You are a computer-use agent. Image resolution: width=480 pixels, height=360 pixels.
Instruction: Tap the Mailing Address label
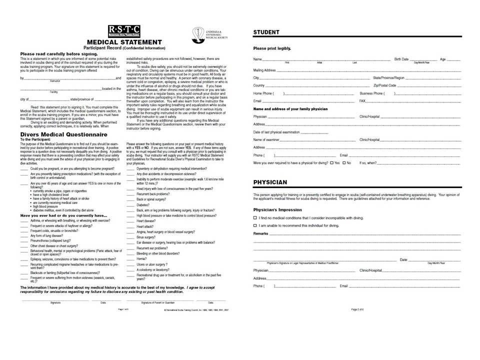coord(264,70)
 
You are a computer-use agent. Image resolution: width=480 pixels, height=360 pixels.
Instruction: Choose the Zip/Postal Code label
coord(384,85)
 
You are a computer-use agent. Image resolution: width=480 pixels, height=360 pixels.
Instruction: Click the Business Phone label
coord(372,93)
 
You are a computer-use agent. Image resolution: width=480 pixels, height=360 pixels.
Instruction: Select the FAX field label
coord(363,101)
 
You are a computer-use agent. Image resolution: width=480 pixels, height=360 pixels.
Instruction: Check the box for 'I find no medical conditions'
coord(255,218)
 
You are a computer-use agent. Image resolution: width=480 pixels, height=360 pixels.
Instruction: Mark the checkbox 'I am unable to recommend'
coord(255,225)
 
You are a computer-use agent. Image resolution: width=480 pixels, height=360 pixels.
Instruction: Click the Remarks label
coord(261,233)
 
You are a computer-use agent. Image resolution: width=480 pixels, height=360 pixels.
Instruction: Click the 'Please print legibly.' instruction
coord(272,48)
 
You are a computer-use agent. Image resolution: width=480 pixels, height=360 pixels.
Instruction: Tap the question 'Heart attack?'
coord(144,226)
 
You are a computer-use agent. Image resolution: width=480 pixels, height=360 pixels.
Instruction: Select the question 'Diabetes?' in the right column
coord(143,205)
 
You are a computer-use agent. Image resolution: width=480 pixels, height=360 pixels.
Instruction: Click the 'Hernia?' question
coord(141,259)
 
